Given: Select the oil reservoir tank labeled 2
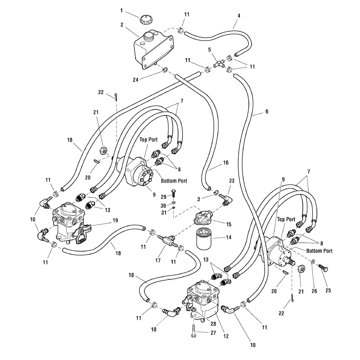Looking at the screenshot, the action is point(153,49).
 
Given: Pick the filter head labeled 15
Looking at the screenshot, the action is point(203,217).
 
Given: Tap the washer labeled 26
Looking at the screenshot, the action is point(314,262).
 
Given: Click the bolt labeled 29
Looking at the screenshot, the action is point(173,193).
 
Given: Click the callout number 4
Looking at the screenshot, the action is point(239,16).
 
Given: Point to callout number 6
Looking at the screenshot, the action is point(266,111).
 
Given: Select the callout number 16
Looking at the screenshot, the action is point(226,162).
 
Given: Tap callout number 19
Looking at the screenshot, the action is point(115,220).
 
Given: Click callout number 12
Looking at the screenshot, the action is point(226,336).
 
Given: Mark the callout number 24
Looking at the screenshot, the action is point(135,80).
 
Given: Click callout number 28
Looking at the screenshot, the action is point(213,324).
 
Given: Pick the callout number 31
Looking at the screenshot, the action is point(163,212).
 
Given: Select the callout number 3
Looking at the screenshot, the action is point(198,199).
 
